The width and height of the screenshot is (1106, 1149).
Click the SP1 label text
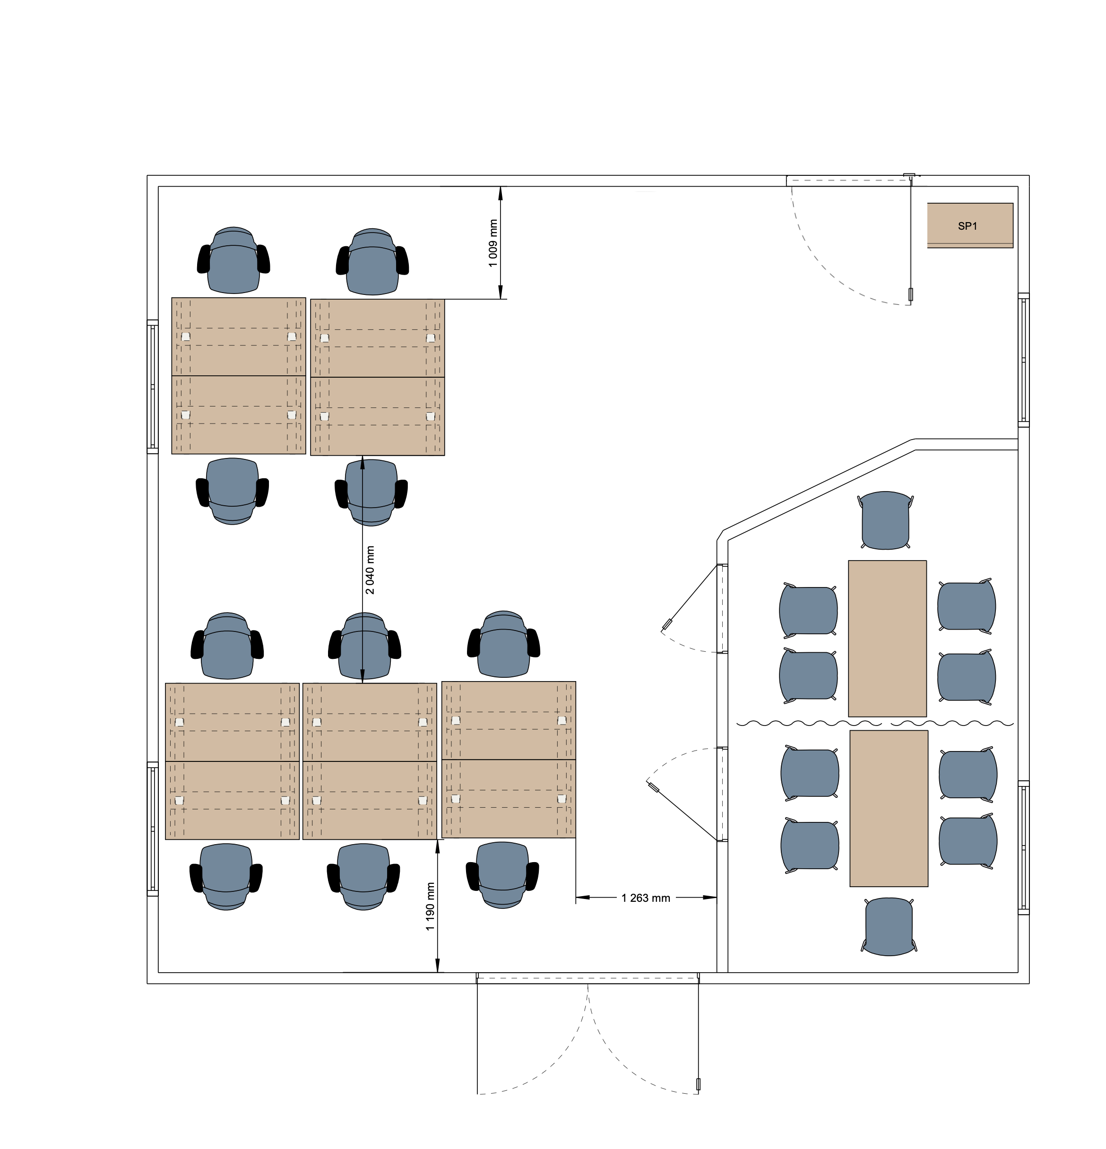pos(967,226)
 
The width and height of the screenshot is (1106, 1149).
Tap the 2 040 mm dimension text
pos(370,570)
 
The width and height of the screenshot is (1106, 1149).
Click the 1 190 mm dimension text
pos(430,907)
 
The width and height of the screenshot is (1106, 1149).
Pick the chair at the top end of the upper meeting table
pos(886,520)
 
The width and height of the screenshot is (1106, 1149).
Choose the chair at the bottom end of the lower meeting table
pos(889,926)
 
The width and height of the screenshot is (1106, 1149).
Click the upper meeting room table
pos(887,639)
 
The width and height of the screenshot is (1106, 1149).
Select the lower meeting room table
pos(889,808)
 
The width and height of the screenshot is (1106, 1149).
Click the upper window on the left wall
pos(152,387)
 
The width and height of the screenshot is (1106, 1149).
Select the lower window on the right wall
pos(1023,847)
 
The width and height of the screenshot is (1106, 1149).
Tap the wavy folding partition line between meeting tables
pos(874,724)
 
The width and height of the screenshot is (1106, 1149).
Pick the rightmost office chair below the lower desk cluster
pos(502,875)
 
